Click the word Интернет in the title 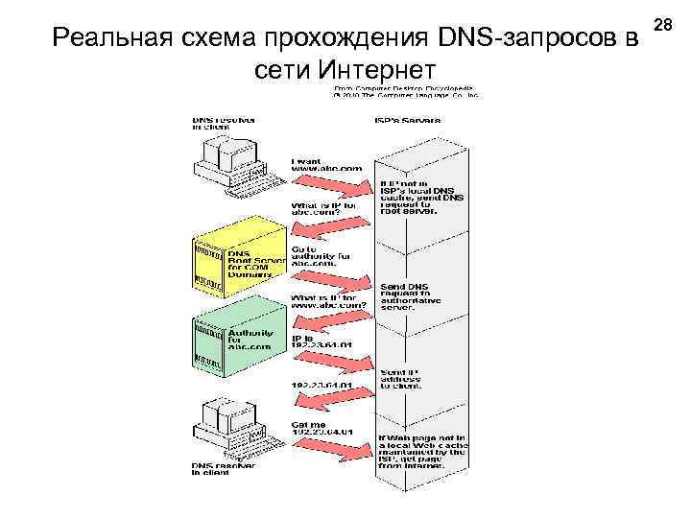[379, 69]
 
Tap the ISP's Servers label [407, 120]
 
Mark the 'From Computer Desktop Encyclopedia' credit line [403, 89]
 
